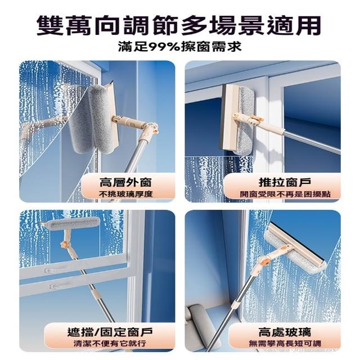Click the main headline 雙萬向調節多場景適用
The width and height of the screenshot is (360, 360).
coord(179,26)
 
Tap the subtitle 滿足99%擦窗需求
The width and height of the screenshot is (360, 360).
coord(180,47)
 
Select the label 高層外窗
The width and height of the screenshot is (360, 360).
coord(125,182)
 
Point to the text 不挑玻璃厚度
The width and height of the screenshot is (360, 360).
coord(126,194)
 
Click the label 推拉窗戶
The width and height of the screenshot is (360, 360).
coord(285,182)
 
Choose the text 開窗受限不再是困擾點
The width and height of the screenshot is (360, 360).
coord(285,194)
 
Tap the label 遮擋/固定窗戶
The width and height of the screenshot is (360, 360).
coord(110,332)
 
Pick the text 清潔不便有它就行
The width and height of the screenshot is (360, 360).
coord(110,344)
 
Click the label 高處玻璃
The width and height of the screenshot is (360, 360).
coord(285,332)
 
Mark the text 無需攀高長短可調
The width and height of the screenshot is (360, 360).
coord(285,344)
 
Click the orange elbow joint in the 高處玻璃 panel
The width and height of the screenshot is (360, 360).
coord(265,261)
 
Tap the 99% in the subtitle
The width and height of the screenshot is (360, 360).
coord(164,47)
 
